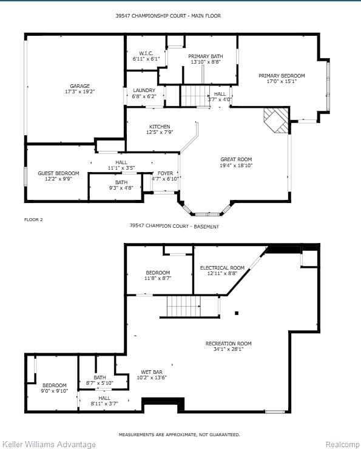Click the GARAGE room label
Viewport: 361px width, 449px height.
pyautogui.click(x=79, y=86)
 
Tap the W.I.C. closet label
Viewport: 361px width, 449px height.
pyautogui.click(x=146, y=53)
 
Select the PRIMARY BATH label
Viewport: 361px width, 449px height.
pyautogui.click(x=206, y=56)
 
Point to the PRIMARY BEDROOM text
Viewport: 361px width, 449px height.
pyautogui.click(x=282, y=76)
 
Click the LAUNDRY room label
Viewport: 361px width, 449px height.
pyautogui.click(x=144, y=90)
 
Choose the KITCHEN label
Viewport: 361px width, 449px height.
pyautogui.click(x=160, y=127)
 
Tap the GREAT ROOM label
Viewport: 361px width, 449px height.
pyautogui.click(x=236, y=159)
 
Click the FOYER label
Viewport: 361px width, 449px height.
pyautogui.click(x=166, y=173)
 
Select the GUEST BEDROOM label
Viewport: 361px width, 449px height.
pyautogui.click(x=58, y=173)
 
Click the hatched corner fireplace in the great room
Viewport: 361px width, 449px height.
pyautogui.click(x=277, y=120)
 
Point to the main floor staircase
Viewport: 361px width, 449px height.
pyautogui.click(x=195, y=96)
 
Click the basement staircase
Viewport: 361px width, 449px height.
pyautogui.click(x=184, y=307)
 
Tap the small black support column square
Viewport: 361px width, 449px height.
pyautogui.click(x=237, y=313)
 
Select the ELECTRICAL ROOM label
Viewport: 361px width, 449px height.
pyautogui.click(x=222, y=268)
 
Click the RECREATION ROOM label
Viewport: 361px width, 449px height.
pyautogui.click(x=229, y=344)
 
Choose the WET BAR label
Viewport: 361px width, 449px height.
pyautogui.click(x=152, y=372)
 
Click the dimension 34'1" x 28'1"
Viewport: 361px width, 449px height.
pyautogui.click(x=229, y=349)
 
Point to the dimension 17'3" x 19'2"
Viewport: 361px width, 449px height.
pyautogui.click(x=79, y=91)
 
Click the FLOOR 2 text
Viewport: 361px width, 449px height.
pyautogui.click(x=33, y=219)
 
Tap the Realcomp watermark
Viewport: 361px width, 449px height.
pyautogui.click(x=342, y=444)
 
